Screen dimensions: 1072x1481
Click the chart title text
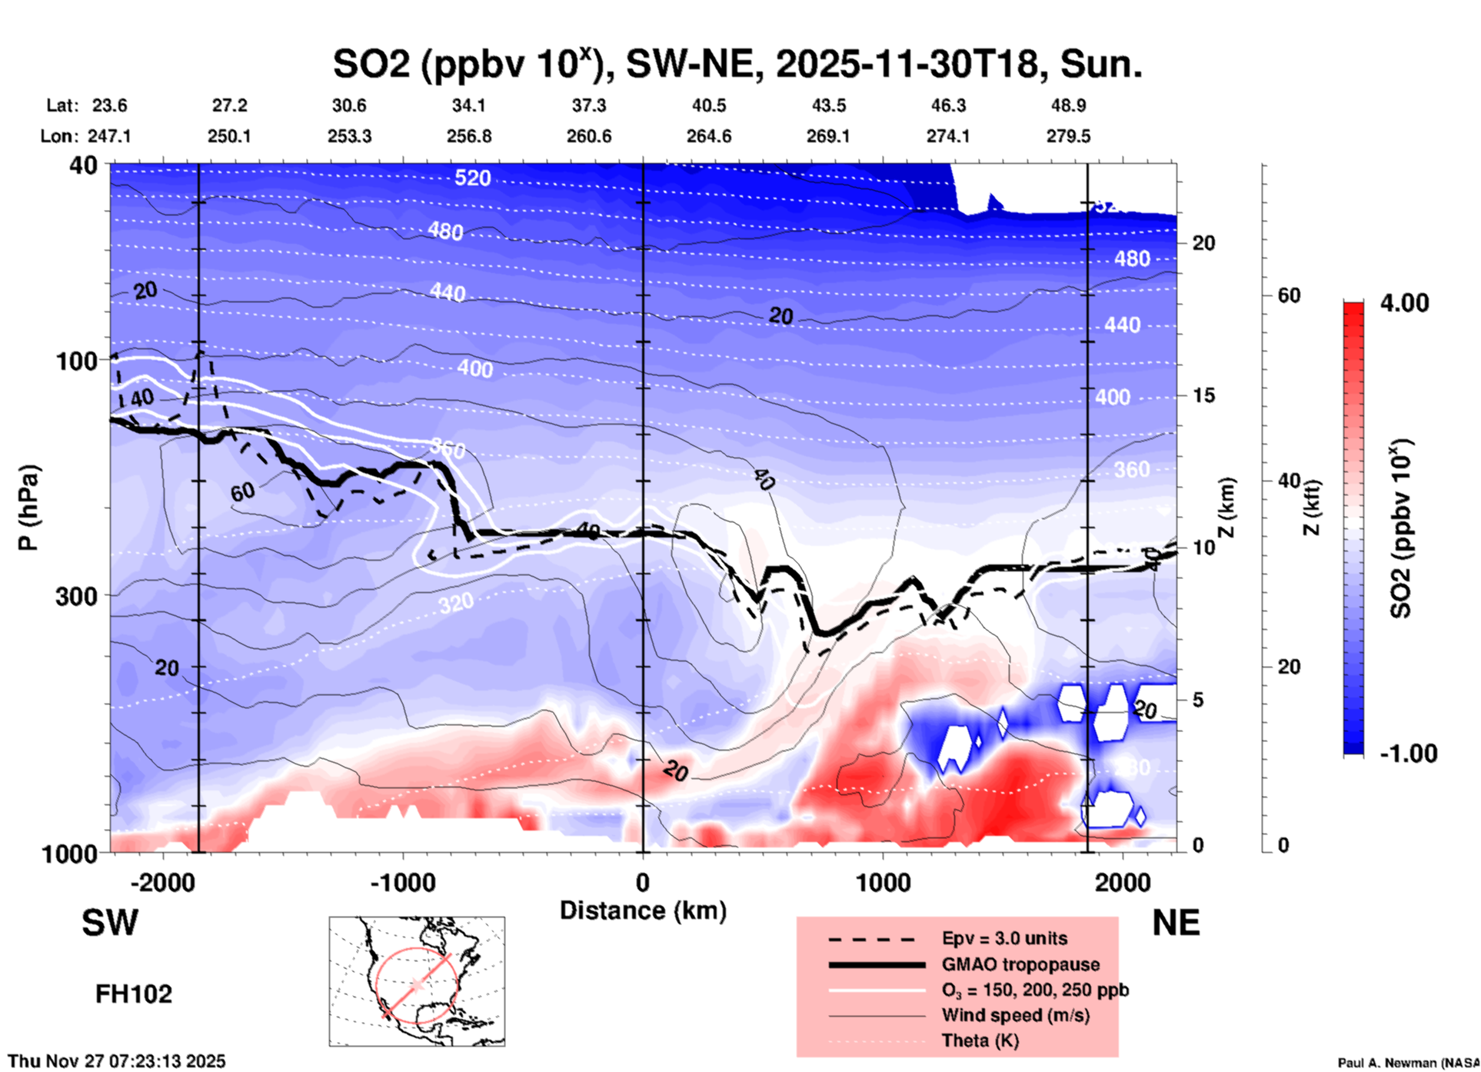coord(737,65)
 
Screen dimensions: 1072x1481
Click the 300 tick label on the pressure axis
coord(76,596)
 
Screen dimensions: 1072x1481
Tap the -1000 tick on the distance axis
coord(401,882)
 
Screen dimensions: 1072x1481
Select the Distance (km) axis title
coord(643,911)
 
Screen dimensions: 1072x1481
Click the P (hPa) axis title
coord(28,508)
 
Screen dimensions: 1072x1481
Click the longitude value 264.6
coord(708,136)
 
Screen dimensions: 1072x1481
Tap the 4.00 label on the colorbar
coord(1404,303)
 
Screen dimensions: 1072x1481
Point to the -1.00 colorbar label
coord(1408,753)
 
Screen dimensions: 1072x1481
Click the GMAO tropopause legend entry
coord(1020,964)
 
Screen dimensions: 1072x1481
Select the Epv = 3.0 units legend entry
coord(1004,938)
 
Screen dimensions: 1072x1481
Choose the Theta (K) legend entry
coord(980,1040)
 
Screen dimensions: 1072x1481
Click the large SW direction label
coord(110,923)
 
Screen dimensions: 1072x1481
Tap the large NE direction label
coord(1176,923)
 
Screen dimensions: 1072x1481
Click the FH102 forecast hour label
coord(134,994)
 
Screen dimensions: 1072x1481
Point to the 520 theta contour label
coord(472,178)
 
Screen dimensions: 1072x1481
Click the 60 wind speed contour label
coord(242,491)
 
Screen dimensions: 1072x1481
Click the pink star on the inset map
coord(417,984)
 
